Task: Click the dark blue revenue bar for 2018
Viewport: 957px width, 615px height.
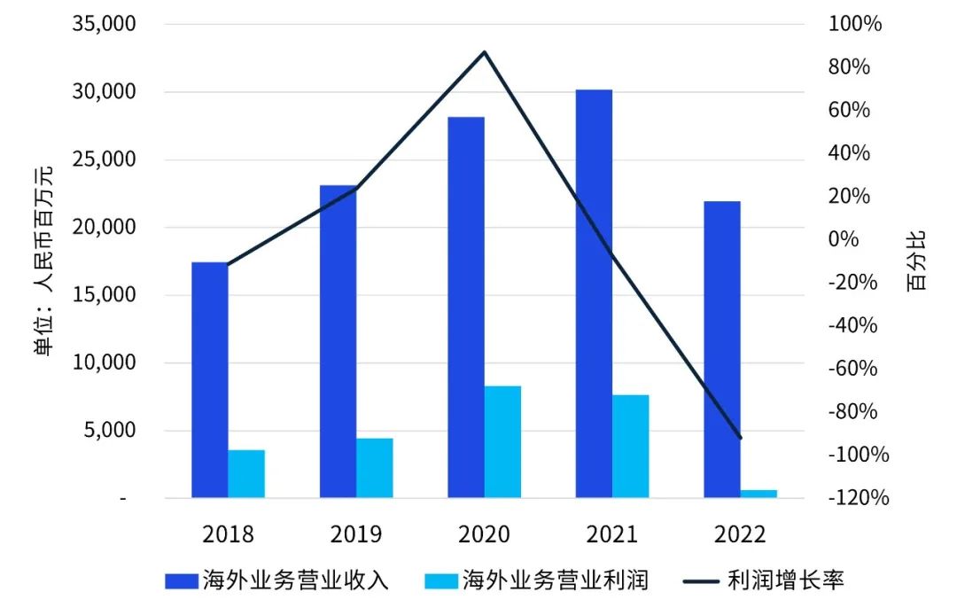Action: (x=209, y=381)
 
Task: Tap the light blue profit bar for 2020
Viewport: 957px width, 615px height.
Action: (x=502, y=442)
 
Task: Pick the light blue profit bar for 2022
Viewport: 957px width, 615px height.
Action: (x=759, y=494)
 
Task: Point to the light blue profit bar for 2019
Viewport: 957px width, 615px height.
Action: (x=375, y=468)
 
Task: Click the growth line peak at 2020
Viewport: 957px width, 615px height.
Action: (x=485, y=52)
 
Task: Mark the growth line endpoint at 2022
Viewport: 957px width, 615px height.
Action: (x=740, y=438)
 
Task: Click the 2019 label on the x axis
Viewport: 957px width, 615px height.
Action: (x=356, y=534)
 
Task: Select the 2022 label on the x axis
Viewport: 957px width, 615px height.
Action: (x=740, y=534)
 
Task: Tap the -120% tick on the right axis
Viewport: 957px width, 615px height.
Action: (x=858, y=499)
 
